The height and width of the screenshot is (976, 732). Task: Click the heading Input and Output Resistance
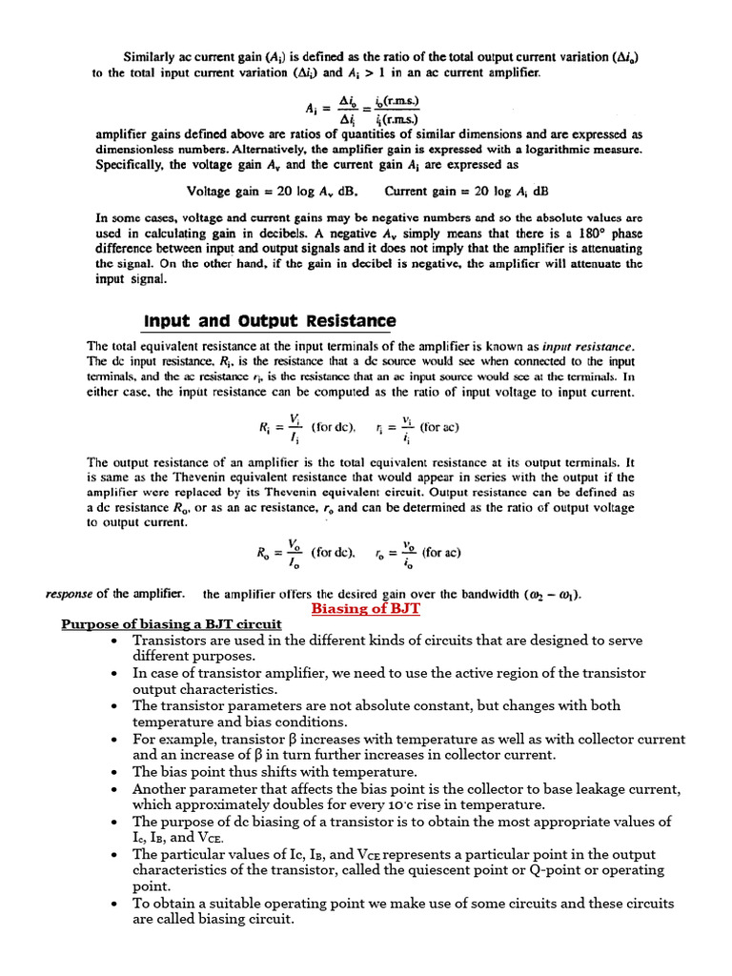click(x=270, y=320)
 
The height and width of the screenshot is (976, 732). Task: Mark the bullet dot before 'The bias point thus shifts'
click(x=114, y=772)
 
